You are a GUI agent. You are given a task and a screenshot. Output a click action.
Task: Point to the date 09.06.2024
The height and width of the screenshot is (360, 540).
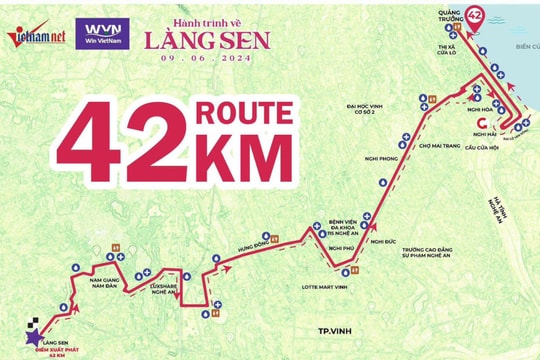pos(199,58)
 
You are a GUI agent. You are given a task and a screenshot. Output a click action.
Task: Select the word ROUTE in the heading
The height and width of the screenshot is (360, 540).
pos(245,112)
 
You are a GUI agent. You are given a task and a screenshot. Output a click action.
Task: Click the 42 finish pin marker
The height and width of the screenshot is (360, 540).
pos(475,17)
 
